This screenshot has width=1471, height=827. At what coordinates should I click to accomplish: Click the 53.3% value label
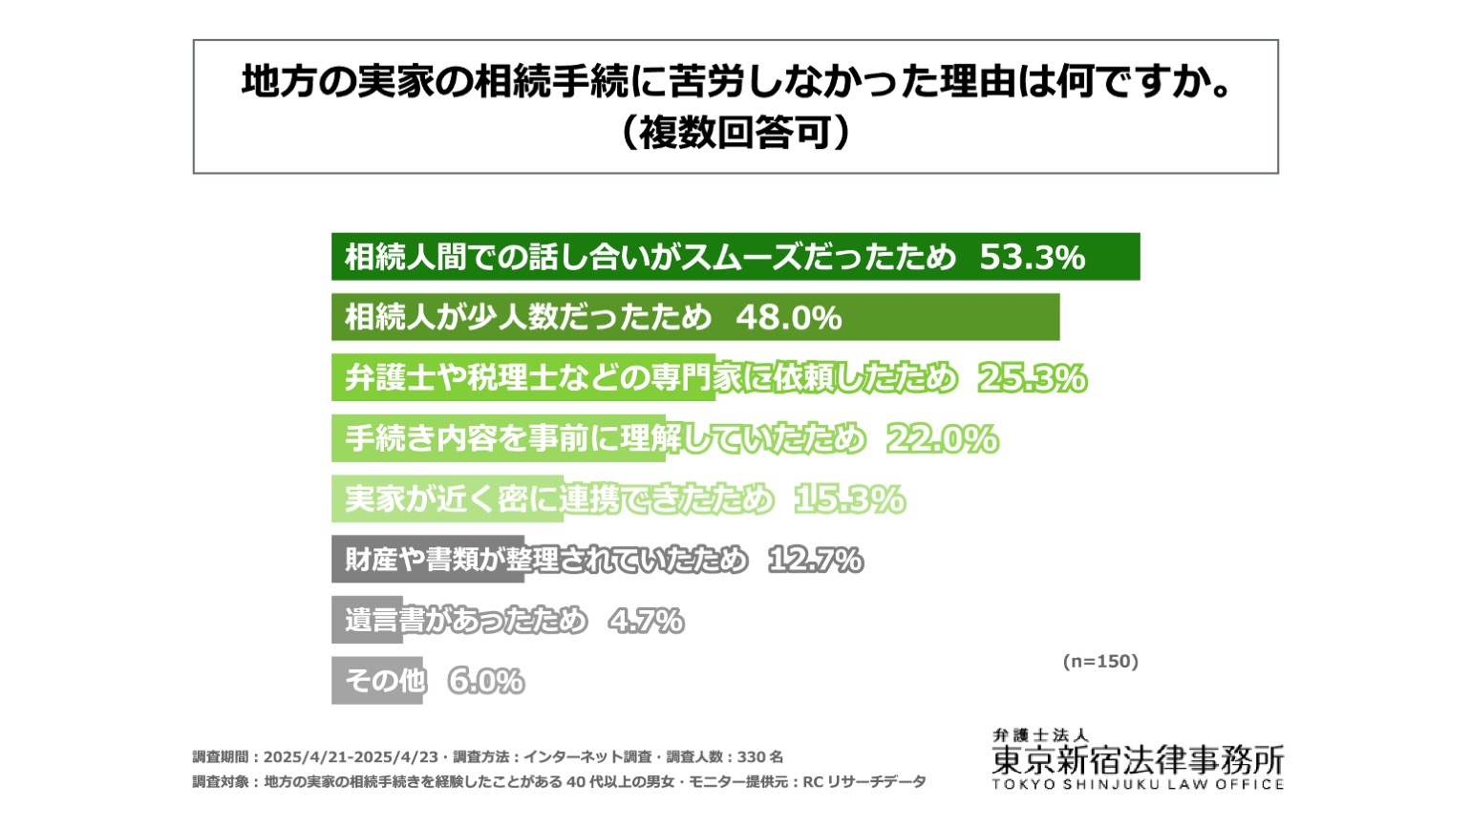pos(1032,257)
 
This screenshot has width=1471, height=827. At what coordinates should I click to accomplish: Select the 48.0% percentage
pos(789,318)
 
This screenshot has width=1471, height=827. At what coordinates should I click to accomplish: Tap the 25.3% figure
pos(1033,378)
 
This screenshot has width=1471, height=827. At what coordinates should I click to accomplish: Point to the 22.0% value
pos(943,438)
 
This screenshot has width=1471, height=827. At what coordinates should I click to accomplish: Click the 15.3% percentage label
pos(850,499)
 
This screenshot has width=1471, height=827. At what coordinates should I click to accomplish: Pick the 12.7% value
pos(816,560)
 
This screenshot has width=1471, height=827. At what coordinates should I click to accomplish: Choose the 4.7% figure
pos(646,621)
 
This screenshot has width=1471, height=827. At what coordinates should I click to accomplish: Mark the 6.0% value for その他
pos(486,681)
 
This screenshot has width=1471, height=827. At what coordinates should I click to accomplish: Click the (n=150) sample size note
pos(1100,661)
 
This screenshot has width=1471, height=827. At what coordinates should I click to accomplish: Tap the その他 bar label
pos(386,681)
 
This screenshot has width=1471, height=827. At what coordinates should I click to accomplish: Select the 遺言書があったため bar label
pos(466,621)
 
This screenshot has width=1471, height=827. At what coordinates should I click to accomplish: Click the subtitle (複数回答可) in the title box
pos(735,133)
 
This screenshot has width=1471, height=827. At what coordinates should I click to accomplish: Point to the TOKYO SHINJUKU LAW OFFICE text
pos(1138,784)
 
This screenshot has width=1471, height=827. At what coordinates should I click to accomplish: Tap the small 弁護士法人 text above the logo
pos(1041,735)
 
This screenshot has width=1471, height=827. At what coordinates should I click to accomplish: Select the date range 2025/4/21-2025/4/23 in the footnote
pos(351,756)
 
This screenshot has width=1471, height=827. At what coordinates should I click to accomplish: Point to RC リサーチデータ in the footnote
pos(864,782)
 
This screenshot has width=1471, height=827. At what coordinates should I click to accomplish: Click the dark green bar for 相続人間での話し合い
pos(735,257)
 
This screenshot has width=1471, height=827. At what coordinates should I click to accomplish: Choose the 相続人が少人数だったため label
pos(528,317)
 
